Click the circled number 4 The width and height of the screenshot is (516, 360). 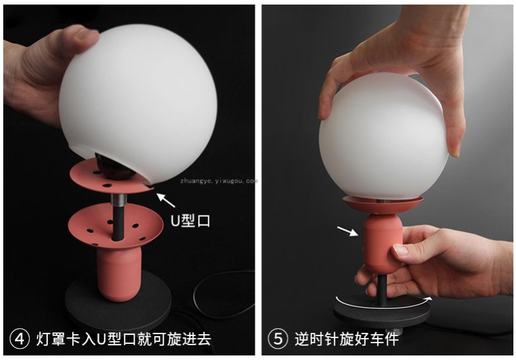coord(20,339)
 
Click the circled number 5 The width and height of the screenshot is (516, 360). coord(278,339)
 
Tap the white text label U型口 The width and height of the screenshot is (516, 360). coord(190,221)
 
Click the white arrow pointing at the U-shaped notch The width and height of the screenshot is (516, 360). coord(165,200)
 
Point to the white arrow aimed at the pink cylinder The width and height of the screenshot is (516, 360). coord(348,231)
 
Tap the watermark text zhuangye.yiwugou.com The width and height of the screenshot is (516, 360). coord(219,181)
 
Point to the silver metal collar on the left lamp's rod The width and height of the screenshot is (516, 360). coord(118,200)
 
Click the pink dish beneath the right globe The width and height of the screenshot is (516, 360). coord(382,205)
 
